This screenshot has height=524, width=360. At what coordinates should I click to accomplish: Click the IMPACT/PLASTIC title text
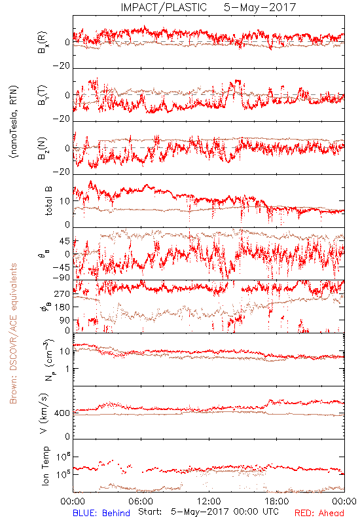point(164,7)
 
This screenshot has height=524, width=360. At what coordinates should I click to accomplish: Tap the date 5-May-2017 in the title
point(260,7)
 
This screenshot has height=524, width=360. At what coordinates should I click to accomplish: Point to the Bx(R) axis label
point(43,42)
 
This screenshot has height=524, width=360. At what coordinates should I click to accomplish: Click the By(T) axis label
point(43,95)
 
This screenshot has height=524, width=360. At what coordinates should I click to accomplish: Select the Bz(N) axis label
point(43,148)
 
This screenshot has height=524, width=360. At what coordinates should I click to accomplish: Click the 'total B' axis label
point(48,201)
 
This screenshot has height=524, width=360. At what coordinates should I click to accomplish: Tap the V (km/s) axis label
point(44,413)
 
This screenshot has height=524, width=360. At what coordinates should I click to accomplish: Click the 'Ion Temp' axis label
point(45,466)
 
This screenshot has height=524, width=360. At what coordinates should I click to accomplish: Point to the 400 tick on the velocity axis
point(62,413)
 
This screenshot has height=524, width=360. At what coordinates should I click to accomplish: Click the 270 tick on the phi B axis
point(62,294)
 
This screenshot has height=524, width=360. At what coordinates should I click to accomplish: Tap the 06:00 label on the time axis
point(141,501)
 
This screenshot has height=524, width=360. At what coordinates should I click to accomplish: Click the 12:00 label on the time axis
point(209,501)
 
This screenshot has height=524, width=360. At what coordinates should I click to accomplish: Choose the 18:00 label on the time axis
point(276,501)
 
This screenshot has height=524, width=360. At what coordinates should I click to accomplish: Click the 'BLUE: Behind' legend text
point(101,513)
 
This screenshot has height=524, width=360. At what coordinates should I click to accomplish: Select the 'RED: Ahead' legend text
point(319,513)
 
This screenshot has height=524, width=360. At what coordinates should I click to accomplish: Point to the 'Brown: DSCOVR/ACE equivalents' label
point(13,333)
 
